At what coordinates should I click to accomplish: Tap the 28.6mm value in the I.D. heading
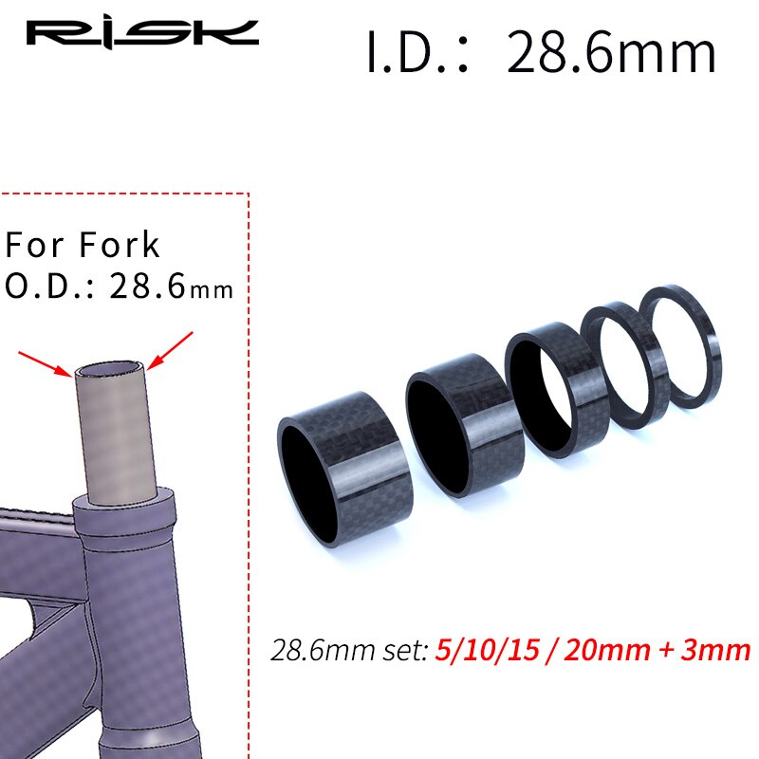(611, 53)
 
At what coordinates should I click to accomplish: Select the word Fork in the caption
(120, 245)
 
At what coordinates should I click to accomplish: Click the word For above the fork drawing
(37, 245)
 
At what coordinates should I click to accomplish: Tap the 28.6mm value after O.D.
(171, 286)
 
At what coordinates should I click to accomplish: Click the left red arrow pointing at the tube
(45, 361)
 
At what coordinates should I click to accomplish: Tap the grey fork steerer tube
(111, 427)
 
